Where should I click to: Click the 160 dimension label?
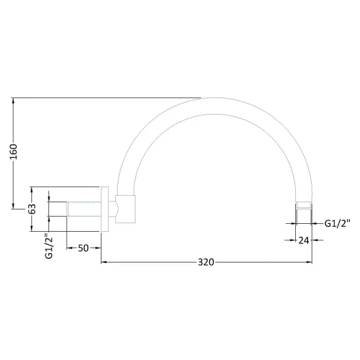coord(14,152)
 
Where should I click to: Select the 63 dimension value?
coord(32,209)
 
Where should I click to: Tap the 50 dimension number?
coord(83,248)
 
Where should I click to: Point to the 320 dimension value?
coord(206,262)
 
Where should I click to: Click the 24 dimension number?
coord(304,240)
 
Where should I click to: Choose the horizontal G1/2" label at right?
coord(337,223)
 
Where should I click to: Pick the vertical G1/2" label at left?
coord(49,246)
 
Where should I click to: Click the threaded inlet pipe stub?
coord(84,209)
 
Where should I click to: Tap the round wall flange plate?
coord(105,209)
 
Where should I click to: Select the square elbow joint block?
coord(126,209)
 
